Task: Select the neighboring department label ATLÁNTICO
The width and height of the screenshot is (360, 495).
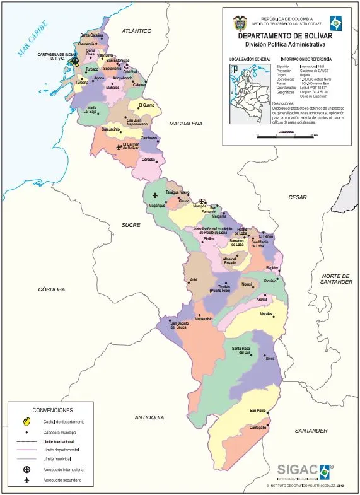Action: [137, 30]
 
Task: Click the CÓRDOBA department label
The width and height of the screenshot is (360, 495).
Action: [52, 289]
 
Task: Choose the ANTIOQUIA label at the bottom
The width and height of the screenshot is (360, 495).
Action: [149, 417]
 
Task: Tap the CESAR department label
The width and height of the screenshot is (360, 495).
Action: [298, 197]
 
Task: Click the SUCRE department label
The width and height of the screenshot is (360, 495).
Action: [131, 225]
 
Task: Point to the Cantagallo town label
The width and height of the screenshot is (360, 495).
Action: [258, 427]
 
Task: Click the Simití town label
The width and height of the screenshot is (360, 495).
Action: [270, 358]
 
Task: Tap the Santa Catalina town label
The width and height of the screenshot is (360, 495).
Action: [92, 35]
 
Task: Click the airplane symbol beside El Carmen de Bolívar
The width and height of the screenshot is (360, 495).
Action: [118, 147]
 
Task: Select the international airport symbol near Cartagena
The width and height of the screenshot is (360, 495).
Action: [74, 62]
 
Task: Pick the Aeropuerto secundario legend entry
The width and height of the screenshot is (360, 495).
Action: [62, 481]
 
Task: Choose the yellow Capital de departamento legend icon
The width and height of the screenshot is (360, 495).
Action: [26, 421]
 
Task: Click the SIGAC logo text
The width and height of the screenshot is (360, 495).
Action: [298, 469]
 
